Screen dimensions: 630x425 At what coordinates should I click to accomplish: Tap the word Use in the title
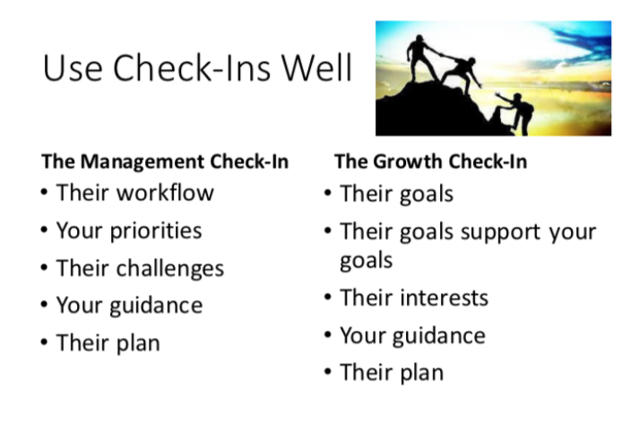pyautogui.click(x=73, y=67)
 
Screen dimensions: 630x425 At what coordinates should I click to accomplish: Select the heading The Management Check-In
pyautogui.click(x=165, y=161)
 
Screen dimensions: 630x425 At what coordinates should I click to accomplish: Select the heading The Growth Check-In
pyautogui.click(x=431, y=161)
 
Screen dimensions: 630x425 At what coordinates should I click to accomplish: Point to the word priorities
pyautogui.click(x=156, y=231)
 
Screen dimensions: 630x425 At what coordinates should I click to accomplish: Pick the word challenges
pyautogui.click(x=170, y=269)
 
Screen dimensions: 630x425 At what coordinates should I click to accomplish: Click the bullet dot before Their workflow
pyautogui.click(x=45, y=192)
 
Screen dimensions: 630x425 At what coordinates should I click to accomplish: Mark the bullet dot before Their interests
pyautogui.click(x=328, y=298)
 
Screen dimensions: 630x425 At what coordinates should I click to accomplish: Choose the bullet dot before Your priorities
pyautogui.click(x=45, y=230)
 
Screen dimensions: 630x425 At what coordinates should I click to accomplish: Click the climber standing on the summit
pyautogui.click(x=420, y=58)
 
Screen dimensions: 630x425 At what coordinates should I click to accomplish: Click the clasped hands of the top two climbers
pyautogui.click(x=441, y=55)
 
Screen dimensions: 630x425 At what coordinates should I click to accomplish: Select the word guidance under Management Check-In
pyautogui.click(x=156, y=306)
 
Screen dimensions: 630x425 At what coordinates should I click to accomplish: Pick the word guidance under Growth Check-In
pyautogui.click(x=439, y=336)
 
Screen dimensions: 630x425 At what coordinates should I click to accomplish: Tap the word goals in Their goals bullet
pyautogui.click(x=427, y=195)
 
